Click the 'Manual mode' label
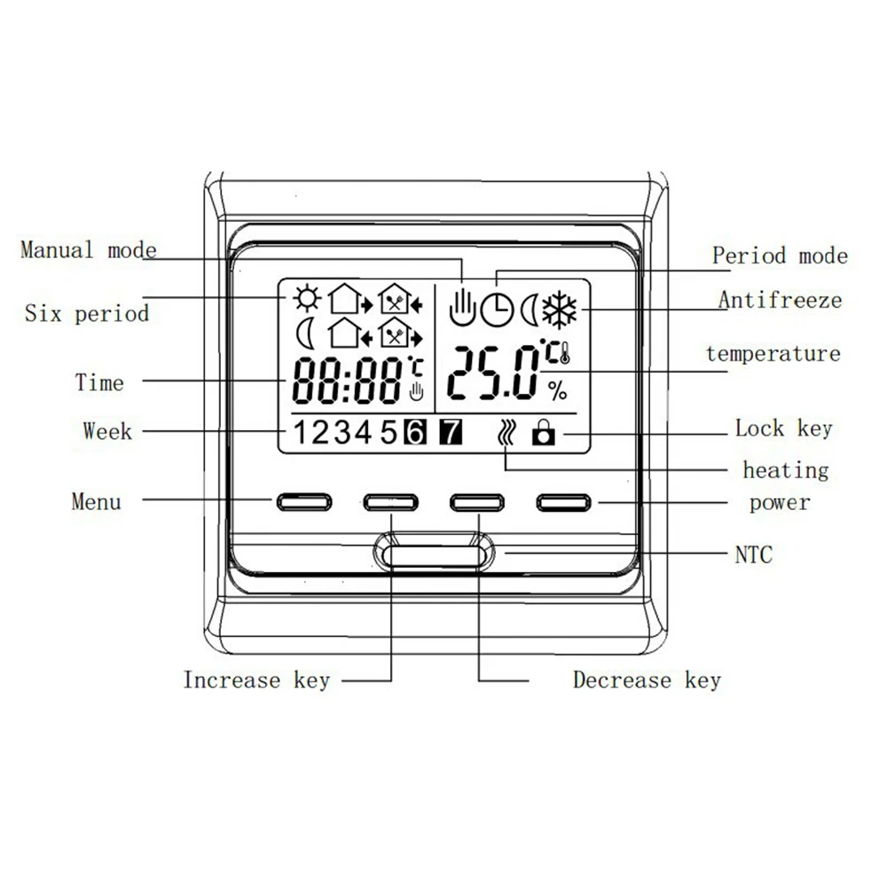pyautogui.click(x=88, y=250)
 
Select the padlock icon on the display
pyautogui.click(x=542, y=434)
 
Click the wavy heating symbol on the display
pyautogui.click(x=506, y=433)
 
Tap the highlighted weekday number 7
pyautogui.click(x=451, y=433)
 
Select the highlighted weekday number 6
pyautogui.click(x=415, y=433)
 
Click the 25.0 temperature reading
pyautogui.click(x=493, y=372)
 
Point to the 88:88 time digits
pyautogui.click(x=348, y=382)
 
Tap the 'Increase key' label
pyautogui.click(x=256, y=681)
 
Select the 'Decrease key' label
pyautogui.click(x=647, y=681)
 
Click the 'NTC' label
pyautogui.click(x=754, y=555)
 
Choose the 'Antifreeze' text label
pyautogui.click(x=780, y=300)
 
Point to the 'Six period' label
pyautogui.click(x=87, y=313)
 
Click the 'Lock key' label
pyautogui.click(x=784, y=429)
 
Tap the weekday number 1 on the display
pyautogui.click(x=302, y=433)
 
